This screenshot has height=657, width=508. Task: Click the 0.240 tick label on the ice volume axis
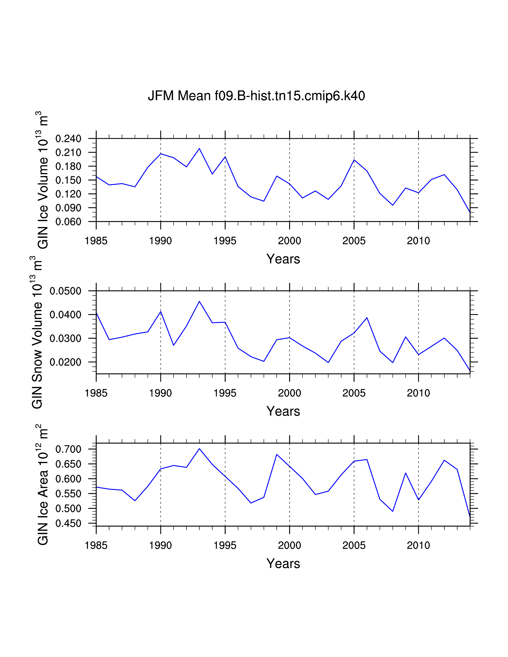click(x=68, y=139)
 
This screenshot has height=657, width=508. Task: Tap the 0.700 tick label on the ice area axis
click(x=68, y=449)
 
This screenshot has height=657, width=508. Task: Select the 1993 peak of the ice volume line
click(x=199, y=148)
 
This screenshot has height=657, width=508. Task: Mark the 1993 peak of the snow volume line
click(x=199, y=301)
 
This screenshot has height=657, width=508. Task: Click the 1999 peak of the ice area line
click(x=277, y=454)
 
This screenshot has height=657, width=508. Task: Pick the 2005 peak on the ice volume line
click(x=354, y=160)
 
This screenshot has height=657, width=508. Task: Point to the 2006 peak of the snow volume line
click(x=367, y=318)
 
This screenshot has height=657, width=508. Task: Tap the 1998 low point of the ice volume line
click(x=264, y=201)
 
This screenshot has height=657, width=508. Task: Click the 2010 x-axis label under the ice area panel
click(x=418, y=545)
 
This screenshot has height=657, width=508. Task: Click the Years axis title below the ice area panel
click(x=283, y=563)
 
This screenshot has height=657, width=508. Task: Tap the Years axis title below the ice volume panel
click(x=283, y=259)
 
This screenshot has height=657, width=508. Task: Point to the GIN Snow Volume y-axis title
click(x=36, y=332)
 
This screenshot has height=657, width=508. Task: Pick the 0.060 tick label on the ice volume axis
click(x=68, y=222)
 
